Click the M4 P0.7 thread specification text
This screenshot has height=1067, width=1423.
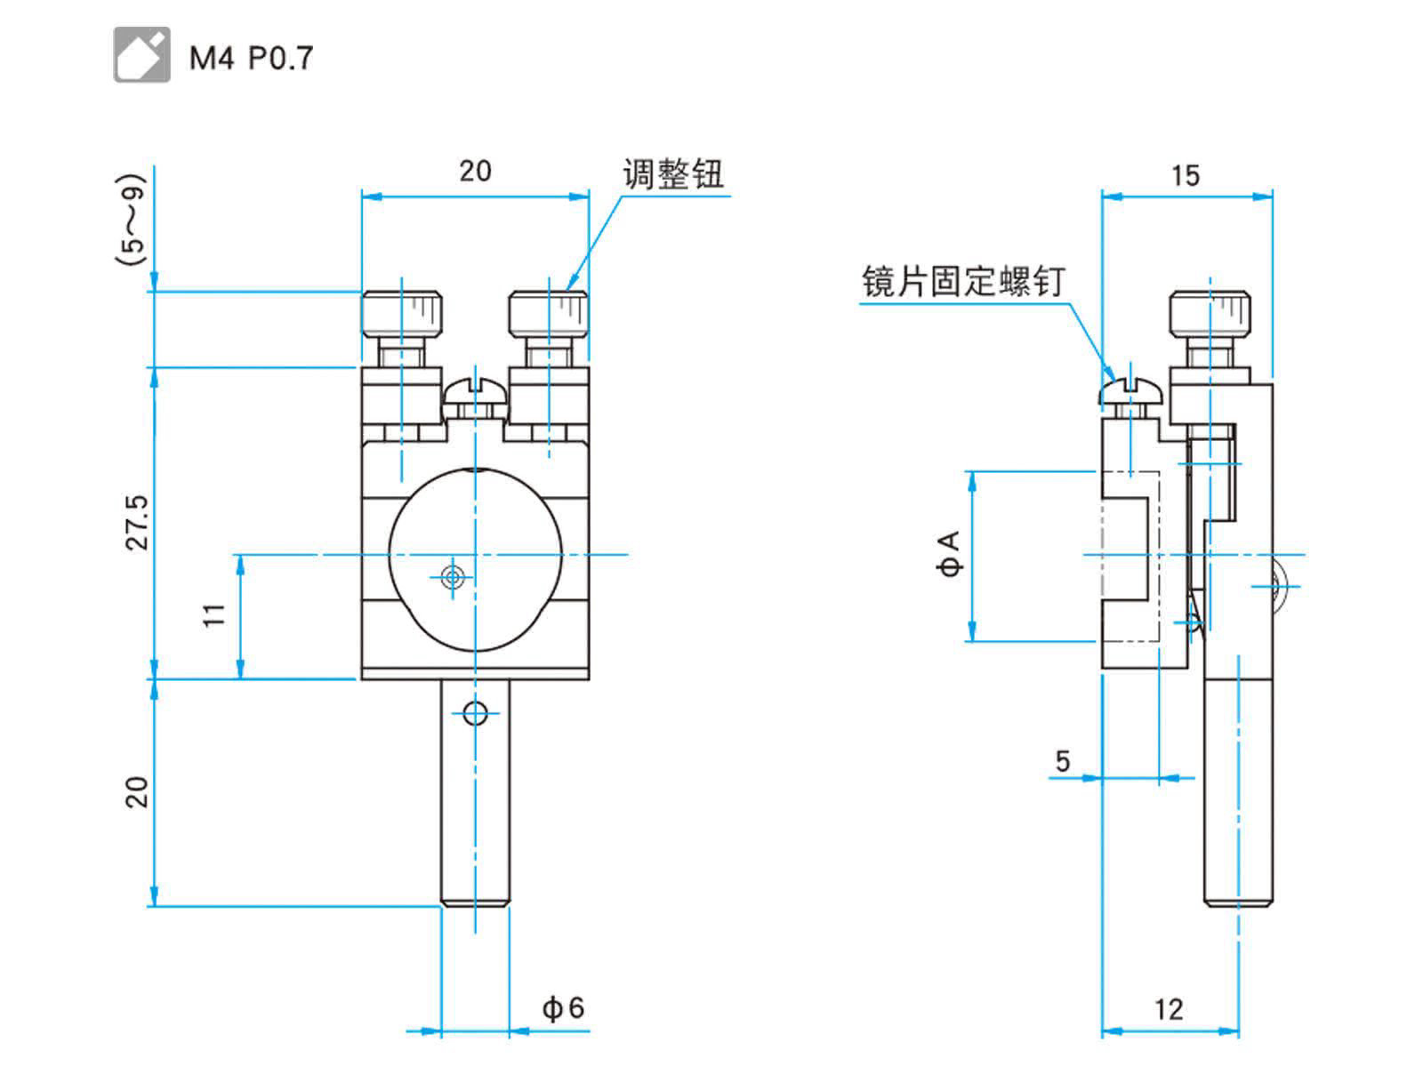click(x=251, y=59)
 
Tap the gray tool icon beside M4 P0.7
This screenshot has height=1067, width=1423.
click(x=141, y=55)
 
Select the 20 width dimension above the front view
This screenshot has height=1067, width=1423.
click(x=475, y=171)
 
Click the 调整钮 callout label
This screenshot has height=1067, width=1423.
click(x=673, y=173)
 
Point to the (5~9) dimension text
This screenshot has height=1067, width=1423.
click(x=131, y=220)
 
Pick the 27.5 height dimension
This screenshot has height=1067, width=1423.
click(x=138, y=523)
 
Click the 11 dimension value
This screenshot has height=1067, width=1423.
click(x=215, y=615)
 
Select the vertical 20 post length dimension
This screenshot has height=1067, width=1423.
click(x=137, y=791)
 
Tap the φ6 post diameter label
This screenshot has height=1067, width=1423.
click(x=563, y=1007)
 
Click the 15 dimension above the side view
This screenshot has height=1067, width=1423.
click(x=1185, y=175)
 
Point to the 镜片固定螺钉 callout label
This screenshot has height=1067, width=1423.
click(x=963, y=282)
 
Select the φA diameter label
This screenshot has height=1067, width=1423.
click(x=951, y=554)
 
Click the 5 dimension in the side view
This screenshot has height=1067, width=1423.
click(x=1063, y=761)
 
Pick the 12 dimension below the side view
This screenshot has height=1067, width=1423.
click(x=1169, y=1009)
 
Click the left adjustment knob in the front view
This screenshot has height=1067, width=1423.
click(x=402, y=313)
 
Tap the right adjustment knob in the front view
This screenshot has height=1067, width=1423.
click(x=549, y=313)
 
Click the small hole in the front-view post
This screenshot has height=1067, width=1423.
click(x=476, y=711)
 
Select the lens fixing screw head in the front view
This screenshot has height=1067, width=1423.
click(x=476, y=391)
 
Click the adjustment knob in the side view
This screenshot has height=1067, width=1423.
click(x=1209, y=313)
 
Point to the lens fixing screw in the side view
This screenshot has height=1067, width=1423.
click(x=1130, y=391)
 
